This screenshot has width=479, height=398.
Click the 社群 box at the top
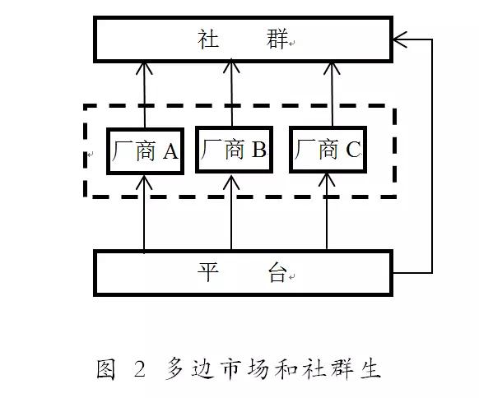click(243, 39)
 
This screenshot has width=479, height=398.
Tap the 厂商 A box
click(144, 150)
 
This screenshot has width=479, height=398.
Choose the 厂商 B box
click(233, 150)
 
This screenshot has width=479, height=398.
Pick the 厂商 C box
click(328, 150)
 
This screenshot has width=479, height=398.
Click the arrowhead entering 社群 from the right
click(401, 38)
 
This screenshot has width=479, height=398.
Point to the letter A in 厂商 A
click(170, 150)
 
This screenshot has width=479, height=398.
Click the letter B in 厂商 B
click(258, 150)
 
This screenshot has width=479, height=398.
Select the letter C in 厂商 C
click(352, 150)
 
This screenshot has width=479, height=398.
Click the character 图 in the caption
click(105, 369)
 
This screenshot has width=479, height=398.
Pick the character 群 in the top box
click(277, 39)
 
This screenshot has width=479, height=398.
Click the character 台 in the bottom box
click(277, 274)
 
